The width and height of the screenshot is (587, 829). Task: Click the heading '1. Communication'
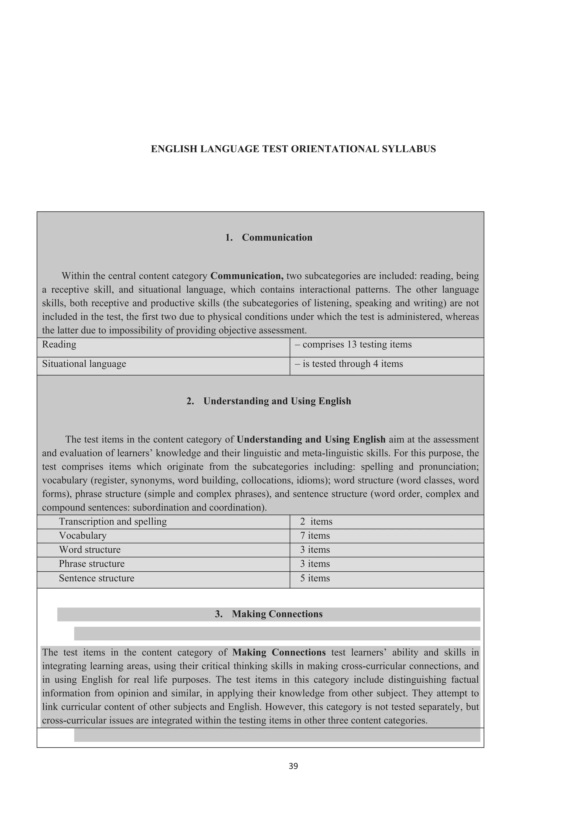[x=269, y=237]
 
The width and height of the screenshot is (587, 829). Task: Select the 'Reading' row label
[x=59, y=344]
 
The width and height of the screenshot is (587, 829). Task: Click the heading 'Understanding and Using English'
[x=277, y=401]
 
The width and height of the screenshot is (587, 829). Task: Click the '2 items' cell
[x=316, y=521]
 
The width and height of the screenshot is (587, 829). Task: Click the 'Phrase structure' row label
[x=91, y=564]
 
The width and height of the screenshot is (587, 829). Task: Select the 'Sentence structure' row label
[x=97, y=578]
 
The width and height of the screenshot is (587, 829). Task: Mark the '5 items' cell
[x=315, y=578]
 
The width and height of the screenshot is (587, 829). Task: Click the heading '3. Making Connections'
[x=269, y=614]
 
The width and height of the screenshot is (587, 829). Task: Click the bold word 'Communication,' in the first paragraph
[x=247, y=276]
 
